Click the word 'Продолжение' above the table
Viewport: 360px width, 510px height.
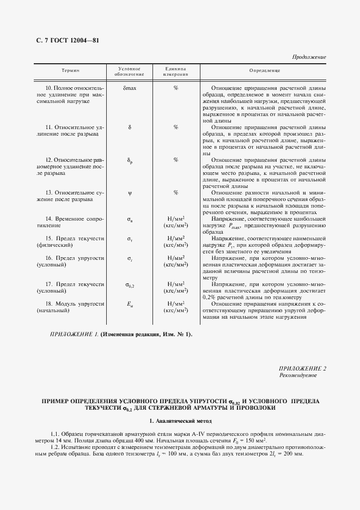coord(309,57)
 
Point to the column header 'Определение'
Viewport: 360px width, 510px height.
coord(264,71)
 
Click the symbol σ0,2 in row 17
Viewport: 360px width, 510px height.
coord(130,284)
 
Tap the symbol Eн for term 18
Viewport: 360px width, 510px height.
coord(130,303)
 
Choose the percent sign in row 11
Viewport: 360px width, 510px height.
coord(176,127)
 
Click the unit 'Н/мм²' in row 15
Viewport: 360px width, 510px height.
coord(176,238)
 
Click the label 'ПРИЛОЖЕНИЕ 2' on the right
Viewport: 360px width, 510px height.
coord(302,369)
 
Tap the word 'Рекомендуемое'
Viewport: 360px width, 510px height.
coord(298,376)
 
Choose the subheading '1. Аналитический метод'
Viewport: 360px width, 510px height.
coord(180,421)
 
